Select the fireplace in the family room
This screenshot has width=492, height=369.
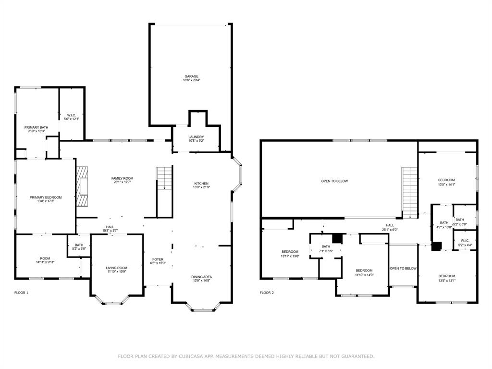[x=82, y=186]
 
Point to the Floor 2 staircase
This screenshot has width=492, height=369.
[x=409, y=192]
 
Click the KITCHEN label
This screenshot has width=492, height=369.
[x=201, y=184]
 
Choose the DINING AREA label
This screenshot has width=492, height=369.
[x=201, y=277]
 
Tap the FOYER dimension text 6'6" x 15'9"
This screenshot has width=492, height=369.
[x=158, y=263]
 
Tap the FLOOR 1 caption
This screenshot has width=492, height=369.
[x=21, y=293]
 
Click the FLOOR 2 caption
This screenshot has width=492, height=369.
[x=267, y=293]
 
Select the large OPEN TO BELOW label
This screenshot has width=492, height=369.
[x=334, y=181]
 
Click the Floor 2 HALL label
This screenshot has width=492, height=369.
[x=390, y=225]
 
